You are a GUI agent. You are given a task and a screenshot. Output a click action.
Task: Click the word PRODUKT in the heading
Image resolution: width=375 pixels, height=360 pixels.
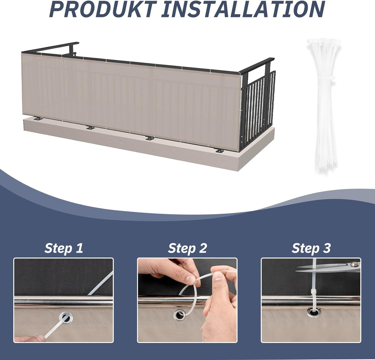pyautogui.click(x=103, y=9)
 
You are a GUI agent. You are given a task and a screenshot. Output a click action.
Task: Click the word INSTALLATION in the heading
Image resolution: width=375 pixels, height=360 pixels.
pyautogui.click(x=243, y=9)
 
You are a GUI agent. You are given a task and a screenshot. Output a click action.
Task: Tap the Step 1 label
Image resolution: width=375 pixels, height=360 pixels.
pyautogui.click(x=64, y=248)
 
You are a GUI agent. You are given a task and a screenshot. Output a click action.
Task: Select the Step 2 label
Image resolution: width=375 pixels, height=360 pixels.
pyautogui.click(x=187, y=248)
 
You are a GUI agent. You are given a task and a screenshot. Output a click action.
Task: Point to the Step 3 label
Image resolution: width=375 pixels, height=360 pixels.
pyautogui.click(x=311, y=248)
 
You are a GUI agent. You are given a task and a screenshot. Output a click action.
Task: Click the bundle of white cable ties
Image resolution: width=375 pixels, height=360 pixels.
pyautogui.click(x=324, y=105)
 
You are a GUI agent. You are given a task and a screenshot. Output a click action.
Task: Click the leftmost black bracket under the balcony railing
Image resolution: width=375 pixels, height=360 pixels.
pyautogui.click(x=38, y=118)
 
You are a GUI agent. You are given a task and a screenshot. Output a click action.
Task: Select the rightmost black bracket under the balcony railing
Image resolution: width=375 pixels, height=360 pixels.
pyautogui.click(x=219, y=151)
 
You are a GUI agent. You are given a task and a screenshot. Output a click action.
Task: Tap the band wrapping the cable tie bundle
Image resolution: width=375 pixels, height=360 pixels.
pyautogui.click(x=325, y=78)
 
